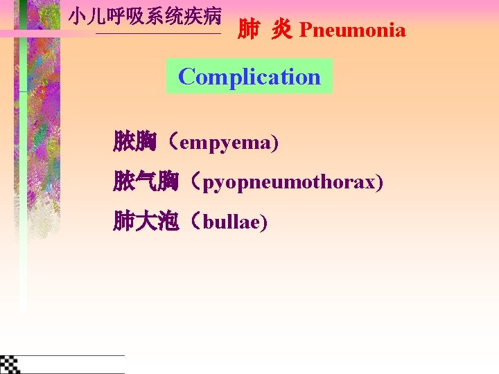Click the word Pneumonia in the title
(x=352, y=30)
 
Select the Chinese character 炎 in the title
(x=281, y=30)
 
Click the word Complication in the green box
(x=249, y=76)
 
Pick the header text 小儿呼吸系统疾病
(x=145, y=16)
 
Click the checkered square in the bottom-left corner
(x=10, y=364)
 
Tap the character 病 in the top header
(x=212, y=16)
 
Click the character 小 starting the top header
(x=78, y=16)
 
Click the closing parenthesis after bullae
(x=264, y=223)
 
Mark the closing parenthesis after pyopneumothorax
(x=379, y=183)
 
